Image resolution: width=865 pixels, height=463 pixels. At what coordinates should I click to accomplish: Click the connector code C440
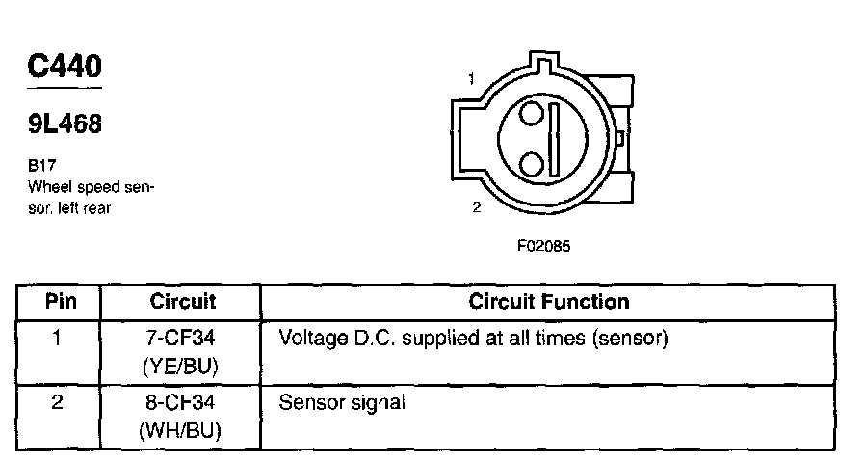[65, 68]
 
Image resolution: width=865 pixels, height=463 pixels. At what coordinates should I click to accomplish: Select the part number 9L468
[65, 124]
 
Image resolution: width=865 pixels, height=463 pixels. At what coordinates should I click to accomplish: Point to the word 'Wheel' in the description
[48, 186]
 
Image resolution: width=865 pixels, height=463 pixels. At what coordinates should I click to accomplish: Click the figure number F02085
[544, 246]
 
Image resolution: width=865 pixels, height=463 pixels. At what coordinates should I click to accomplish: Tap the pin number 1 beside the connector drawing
[471, 78]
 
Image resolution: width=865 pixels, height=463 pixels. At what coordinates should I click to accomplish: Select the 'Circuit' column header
[183, 302]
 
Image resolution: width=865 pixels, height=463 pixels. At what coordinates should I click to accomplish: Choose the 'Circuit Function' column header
[549, 302]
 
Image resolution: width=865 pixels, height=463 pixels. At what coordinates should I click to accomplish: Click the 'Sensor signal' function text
[342, 403]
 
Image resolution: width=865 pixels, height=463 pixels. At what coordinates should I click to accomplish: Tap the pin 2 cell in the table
[58, 403]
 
